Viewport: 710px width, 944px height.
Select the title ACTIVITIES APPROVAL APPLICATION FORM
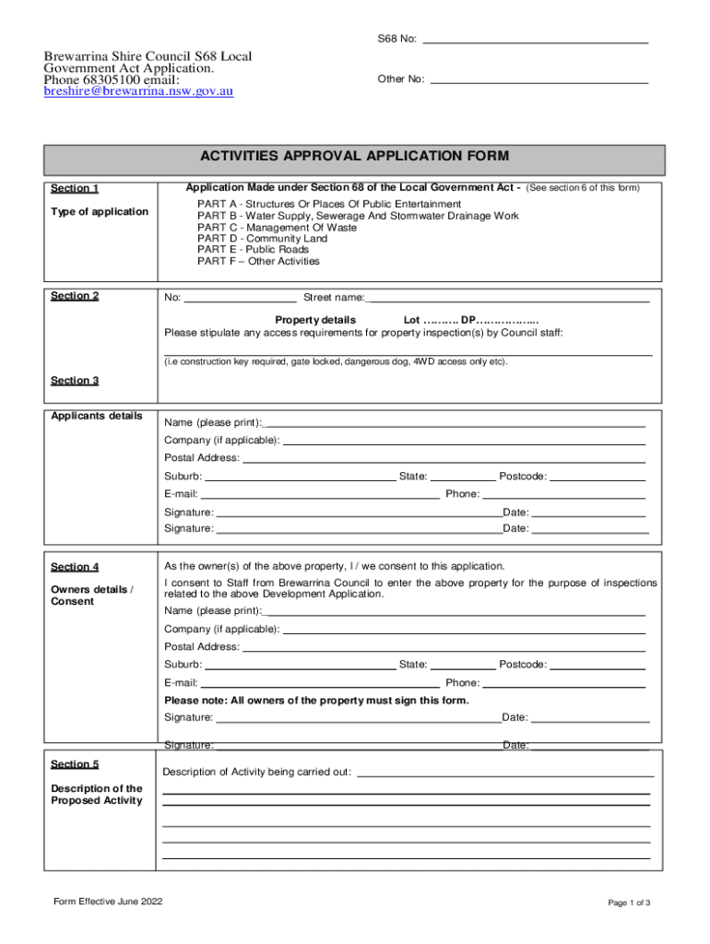click(x=355, y=157)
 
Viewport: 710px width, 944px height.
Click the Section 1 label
click(x=75, y=188)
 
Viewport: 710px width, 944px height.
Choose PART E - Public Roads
click(x=253, y=250)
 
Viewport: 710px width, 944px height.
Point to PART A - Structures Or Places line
click(x=328, y=204)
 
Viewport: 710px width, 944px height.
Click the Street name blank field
click(x=508, y=298)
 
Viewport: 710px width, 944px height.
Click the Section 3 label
click(x=75, y=380)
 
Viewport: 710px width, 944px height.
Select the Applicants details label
click(x=96, y=416)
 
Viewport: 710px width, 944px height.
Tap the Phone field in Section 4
click(x=564, y=683)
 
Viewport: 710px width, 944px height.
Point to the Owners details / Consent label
click(x=91, y=596)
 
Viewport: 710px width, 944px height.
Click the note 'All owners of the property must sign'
click(x=316, y=700)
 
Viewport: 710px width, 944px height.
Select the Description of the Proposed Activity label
click(x=96, y=794)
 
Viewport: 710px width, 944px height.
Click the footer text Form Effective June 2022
click(x=109, y=901)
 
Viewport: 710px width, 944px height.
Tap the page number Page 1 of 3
click(x=629, y=903)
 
